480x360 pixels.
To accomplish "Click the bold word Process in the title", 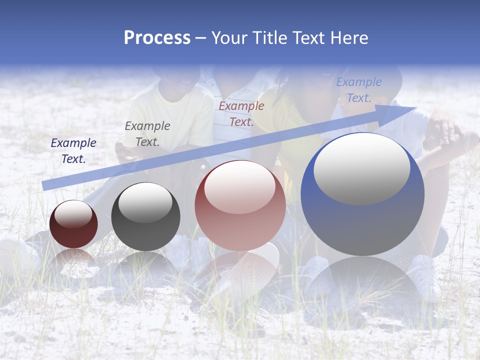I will (157, 38).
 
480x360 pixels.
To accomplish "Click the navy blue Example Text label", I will (73, 151).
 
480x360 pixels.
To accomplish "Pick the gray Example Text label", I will (147, 134).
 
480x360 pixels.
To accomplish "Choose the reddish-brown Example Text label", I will (241, 114).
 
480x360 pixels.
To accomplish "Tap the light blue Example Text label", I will (359, 90).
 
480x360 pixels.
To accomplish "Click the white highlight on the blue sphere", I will (362, 169).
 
